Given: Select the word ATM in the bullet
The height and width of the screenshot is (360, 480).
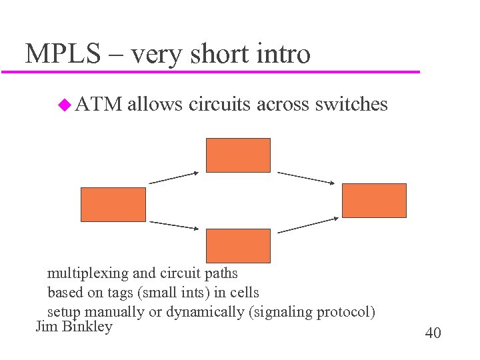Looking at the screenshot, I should tap(99, 104).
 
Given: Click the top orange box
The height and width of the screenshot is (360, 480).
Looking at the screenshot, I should tap(238, 155).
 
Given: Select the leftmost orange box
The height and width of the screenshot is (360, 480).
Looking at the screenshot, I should tap(113, 204).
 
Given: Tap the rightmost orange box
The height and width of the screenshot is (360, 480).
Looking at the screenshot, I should tap(374, 200).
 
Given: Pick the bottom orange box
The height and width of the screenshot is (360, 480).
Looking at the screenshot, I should tap(238, 245).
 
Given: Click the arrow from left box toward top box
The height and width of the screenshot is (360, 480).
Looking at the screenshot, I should tap(173, 177).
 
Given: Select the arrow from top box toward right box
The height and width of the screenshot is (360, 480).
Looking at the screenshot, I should tap(305, 177).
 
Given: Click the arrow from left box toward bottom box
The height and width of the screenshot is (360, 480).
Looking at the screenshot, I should tap(173, 225).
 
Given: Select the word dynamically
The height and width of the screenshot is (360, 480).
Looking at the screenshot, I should tap(205, 312).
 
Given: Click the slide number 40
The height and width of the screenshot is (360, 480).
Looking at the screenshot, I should tap(433, 333).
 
